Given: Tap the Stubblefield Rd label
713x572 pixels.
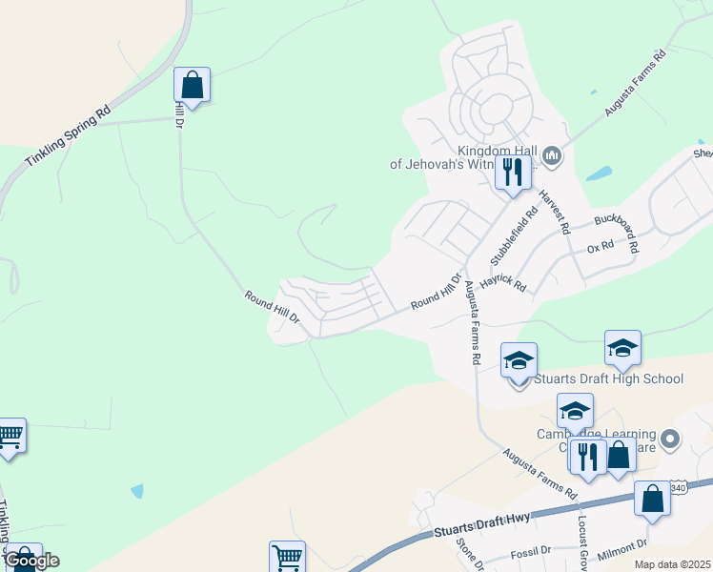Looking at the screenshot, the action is pyautogui.click(x=508, y=234).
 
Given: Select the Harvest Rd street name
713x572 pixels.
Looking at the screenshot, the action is pyautogui.click(x=553, y=213).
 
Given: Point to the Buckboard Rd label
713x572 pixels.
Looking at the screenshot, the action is pyautogui.click(x=615, y=228).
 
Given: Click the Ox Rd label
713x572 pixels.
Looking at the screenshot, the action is pyautogui.click(x=601, y=247).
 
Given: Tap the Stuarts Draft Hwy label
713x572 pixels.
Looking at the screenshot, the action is pyautogui.click(x=480, y=525).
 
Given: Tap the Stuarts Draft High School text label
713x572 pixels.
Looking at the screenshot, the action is pyautogui.click(x=608, y=378).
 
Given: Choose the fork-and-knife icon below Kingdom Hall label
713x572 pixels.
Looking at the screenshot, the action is pyautogui.click(x=513, y=173).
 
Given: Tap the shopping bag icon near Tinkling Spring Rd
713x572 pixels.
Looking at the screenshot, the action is pyautogui.click(x=192, y=85).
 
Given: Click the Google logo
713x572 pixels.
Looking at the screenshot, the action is pyautogui.click(x=32, y=561).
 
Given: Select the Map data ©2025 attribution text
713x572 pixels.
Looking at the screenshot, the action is pyautogui.click(x=673, y=564).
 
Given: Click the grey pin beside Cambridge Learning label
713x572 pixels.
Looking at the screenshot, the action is pyautogui.click(x=670, y=439).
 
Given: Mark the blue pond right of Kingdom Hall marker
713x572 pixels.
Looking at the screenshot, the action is pyautogui.click(x=599, y=174).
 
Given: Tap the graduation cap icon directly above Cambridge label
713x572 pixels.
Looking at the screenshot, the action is pyautogui.click(x=575, y=411).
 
